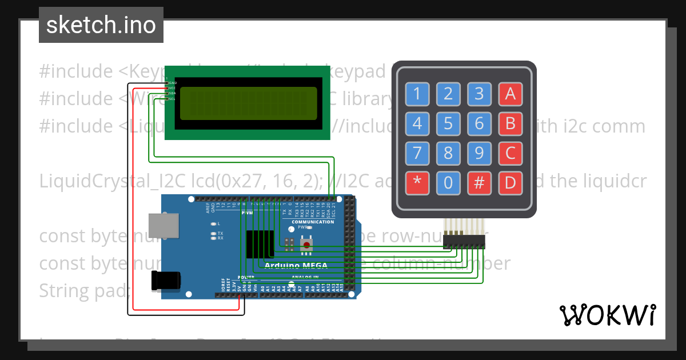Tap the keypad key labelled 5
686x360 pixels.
(x=448, y=123)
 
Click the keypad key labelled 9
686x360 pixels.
(x=479, y=153)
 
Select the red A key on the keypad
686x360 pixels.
(x=510, y=94)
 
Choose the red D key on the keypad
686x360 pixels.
(x=510, y=183)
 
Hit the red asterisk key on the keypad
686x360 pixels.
(x=417, y=183)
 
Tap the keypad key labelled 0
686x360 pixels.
(x=448, y=183)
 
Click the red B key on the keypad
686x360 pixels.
(x=510, y=123)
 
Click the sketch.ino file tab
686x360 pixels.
(x=101, y=25)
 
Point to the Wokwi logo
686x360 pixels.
(x=607, y=315)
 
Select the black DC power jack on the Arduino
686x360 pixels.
(x=166, y=281)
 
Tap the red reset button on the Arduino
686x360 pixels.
(x=307, y=246)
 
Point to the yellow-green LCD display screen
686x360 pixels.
(x=248, y=103)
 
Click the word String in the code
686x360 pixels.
(x=63, y=291)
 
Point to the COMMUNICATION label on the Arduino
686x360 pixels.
(x=313, y=222)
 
